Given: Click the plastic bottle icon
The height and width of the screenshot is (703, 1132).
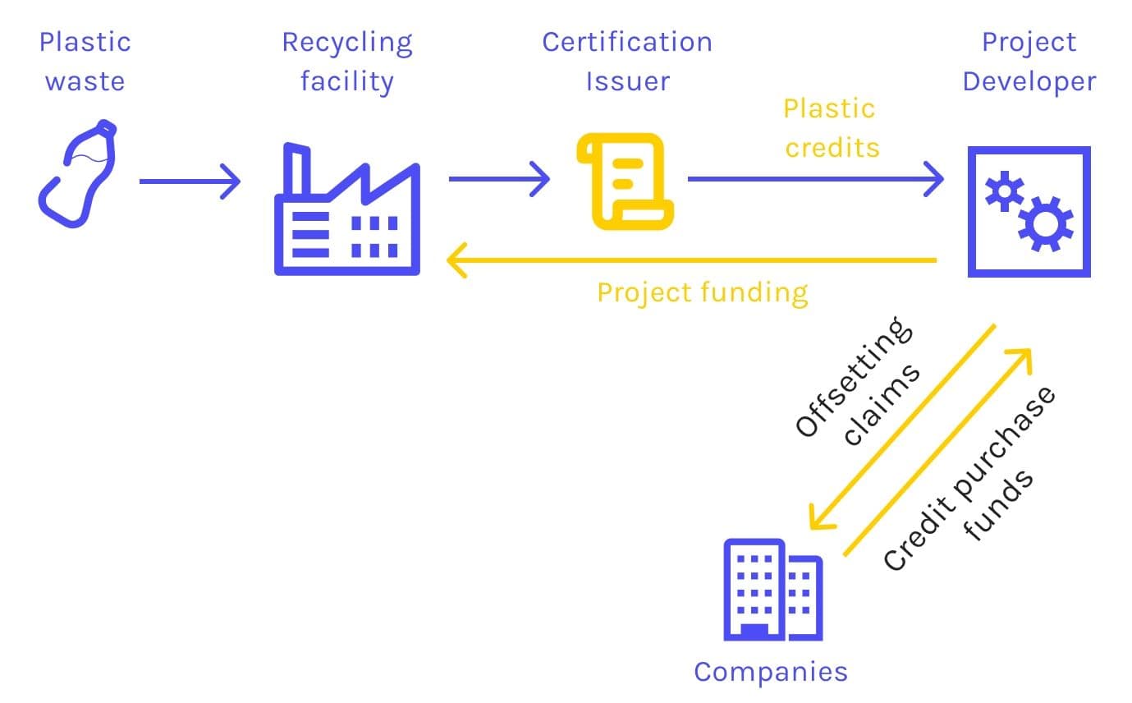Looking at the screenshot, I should pos(77,173).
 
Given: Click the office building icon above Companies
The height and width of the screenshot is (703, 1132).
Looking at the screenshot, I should pos(772,589).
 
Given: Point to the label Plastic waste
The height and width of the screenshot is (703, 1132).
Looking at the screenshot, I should pos(85,62).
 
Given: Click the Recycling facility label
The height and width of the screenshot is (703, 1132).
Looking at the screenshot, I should pos(347,62).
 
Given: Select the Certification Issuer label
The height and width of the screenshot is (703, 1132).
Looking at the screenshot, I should pos(627,62).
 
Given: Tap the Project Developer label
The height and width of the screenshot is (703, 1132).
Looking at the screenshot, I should pos(1029,62).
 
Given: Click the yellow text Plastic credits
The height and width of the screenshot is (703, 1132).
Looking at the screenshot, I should pos(830,127).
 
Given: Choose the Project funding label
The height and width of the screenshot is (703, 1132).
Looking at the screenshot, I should pos(702,292).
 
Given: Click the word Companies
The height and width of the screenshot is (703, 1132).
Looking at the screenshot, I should pos(770,672).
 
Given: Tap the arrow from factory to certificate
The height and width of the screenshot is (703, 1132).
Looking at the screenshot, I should pos(499,179).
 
